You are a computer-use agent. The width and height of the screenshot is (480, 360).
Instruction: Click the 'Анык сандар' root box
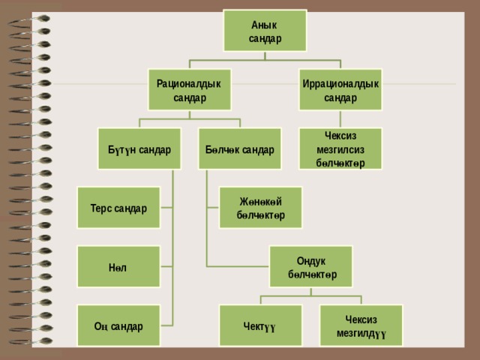click(265, 31)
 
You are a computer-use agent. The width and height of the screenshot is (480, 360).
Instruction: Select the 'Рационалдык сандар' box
click(190, 90)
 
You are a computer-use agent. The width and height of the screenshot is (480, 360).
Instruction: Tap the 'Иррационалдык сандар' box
click(340, 90)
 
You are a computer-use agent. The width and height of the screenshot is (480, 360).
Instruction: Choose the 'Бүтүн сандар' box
click(139, 148)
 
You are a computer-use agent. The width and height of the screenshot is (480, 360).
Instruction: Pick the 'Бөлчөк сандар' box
click(240, 148)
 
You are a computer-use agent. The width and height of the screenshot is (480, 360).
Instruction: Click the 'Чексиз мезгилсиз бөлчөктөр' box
click(340, 148)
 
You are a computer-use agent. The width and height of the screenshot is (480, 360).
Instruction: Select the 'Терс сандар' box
click(118, 208)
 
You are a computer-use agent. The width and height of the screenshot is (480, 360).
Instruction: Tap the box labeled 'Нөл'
click(118, 267)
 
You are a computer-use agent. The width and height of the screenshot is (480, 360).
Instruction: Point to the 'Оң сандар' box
click(118, 325)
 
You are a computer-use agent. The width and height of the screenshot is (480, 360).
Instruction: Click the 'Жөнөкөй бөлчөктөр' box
click(260, 208)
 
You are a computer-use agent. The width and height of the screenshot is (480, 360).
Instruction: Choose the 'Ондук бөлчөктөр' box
click(310, 267)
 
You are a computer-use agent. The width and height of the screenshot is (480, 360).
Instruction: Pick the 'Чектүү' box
click(260, 325)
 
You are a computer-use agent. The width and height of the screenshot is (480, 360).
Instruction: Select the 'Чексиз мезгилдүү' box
click(361, 325)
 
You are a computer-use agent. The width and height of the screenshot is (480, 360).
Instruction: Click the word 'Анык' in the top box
click(264, 25)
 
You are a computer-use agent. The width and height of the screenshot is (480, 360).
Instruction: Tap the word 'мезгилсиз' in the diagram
click(340, 150)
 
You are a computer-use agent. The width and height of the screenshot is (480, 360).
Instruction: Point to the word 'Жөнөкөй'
click(260, 202)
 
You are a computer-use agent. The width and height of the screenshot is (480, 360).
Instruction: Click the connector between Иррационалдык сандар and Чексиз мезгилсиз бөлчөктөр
click(340, 119)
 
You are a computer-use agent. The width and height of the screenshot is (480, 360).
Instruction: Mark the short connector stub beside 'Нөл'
click(166, 267)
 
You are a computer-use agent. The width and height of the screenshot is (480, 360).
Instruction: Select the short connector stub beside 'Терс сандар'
click(166, 208)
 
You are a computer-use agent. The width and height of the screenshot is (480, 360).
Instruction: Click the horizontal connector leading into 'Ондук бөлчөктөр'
click(238, 267)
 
